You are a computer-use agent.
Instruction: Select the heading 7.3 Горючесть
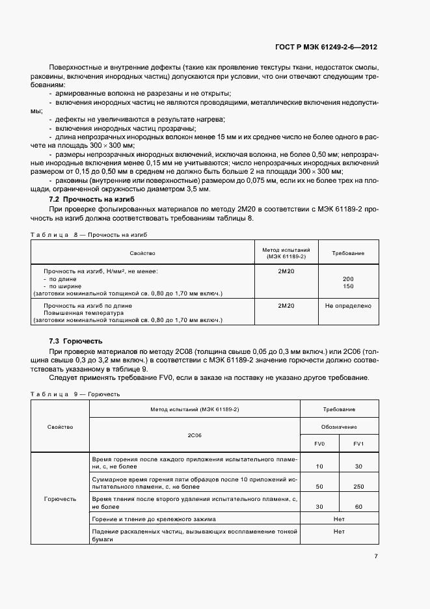(x=76, y=341)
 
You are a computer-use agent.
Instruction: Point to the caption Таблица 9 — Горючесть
(x=75, y=394)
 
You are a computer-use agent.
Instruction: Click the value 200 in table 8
(x=348, y=278)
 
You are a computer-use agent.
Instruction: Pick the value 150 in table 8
(x=348, y=286)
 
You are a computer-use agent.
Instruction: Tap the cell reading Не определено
(x=348, y=305)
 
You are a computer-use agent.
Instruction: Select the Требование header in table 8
(x=348, y=252)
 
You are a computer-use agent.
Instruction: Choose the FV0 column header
(x=319, y=444)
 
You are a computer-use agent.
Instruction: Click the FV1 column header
(x=358, y=444)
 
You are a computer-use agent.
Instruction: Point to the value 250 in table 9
(x=358, y=486)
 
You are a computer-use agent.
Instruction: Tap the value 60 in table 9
(x=358, y=506)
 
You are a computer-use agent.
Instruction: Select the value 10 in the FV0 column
(x=319, y=467)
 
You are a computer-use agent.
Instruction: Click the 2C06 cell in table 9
(x=194, y=435)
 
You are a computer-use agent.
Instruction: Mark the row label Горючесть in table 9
(x=60, y=498)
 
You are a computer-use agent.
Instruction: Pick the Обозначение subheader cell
(x=338, y=427)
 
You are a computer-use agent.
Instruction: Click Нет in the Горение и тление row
(x=338, y=519)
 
